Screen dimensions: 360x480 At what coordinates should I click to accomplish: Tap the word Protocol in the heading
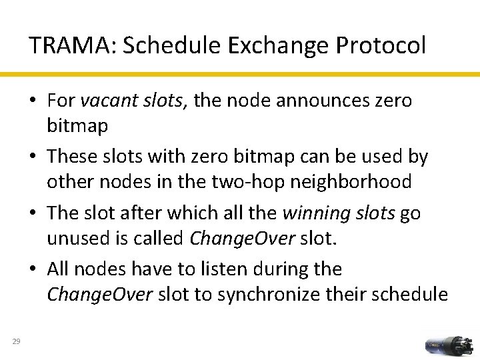tap(381, 45)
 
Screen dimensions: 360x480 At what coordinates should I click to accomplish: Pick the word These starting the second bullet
tap(73, 157)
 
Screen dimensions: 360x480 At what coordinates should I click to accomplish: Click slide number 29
tap(17, 342)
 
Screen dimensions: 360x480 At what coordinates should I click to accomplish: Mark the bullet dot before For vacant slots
tap(33, 101)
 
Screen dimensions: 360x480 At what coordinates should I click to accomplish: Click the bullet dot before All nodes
tap(33, 269)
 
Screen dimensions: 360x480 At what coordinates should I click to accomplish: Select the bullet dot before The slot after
tap(33, 213)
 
